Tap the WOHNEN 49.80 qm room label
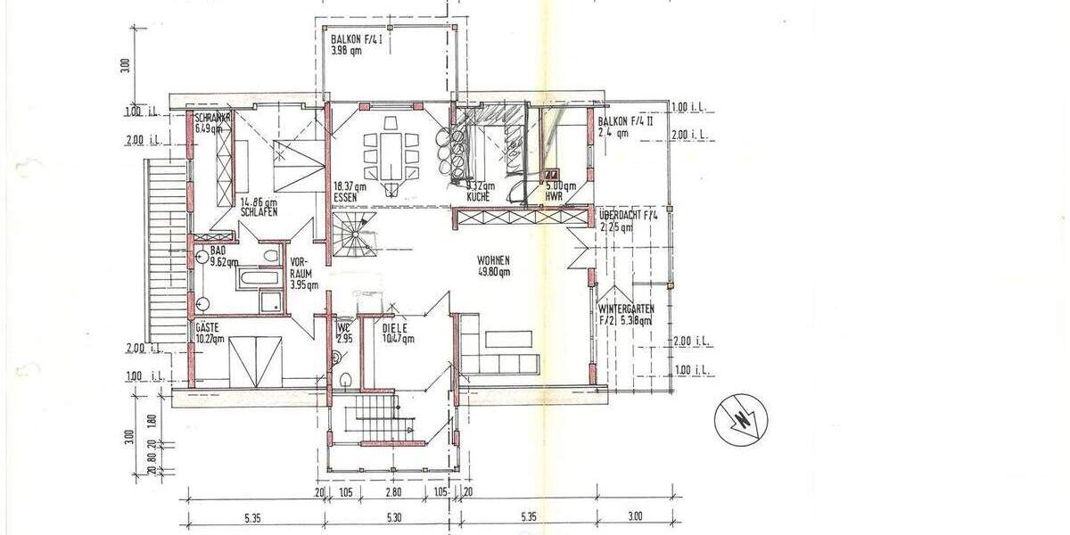click(492, 267)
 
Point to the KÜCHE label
click(478, 195)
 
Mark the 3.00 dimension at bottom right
click(634, 516)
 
